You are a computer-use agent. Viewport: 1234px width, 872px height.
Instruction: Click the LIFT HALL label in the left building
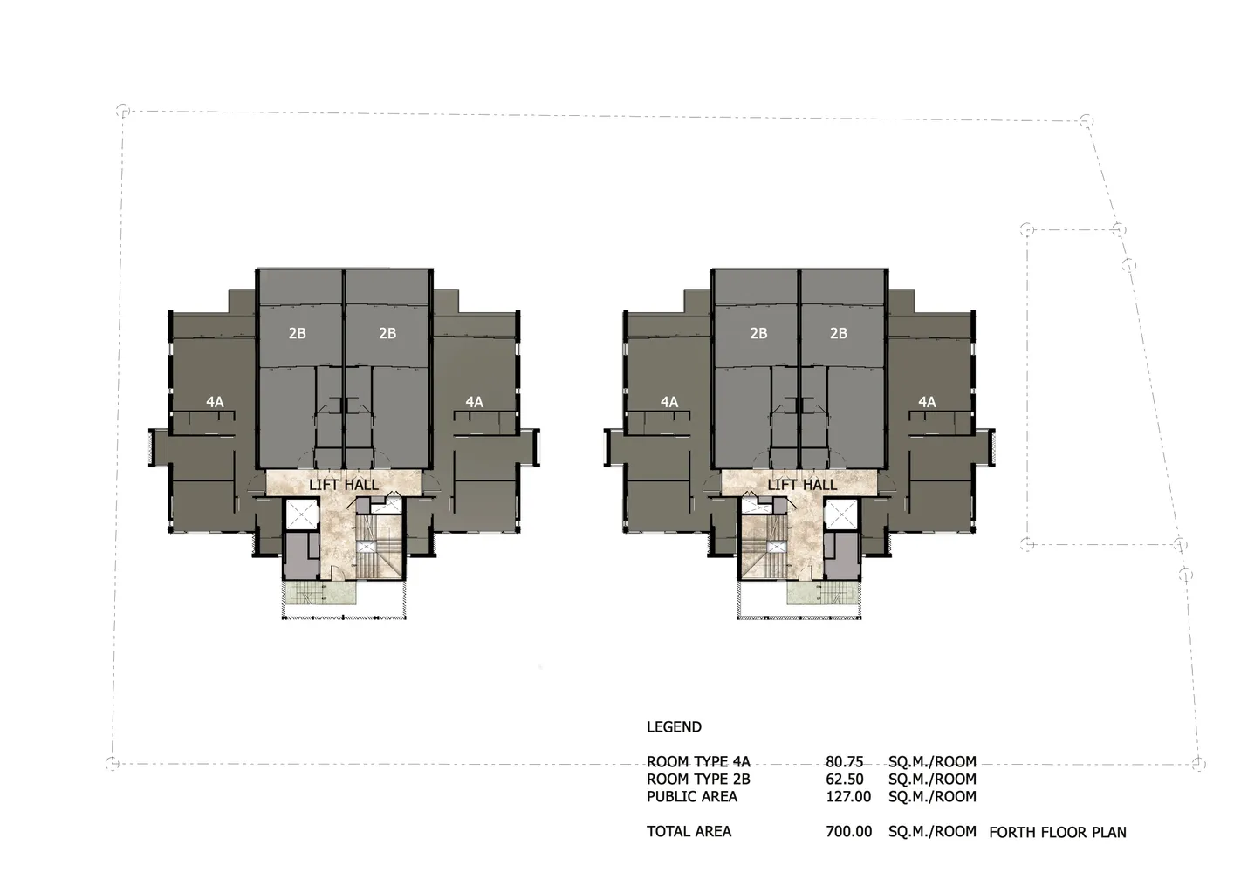click(x=344, y=485)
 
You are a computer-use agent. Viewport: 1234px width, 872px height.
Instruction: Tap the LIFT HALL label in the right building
click(x=802, y=485)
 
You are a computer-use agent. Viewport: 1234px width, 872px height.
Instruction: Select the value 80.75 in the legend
click(x=844, y=761)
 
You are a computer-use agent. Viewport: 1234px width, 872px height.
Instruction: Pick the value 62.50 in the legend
click(x=845, y=779)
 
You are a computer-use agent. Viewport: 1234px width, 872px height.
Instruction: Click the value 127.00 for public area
click(x=848, y=797)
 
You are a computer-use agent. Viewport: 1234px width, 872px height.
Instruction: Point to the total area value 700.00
click(x=849, y=831)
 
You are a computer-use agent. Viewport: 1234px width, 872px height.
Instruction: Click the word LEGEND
click(x=675, y=726)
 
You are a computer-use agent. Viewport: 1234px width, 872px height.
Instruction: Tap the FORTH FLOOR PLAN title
click(x=1058, y=833)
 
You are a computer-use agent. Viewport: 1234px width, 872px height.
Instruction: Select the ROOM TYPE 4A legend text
click(x=698, y=761)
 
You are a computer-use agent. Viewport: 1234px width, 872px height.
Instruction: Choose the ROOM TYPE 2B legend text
click(x=698, y=779)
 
